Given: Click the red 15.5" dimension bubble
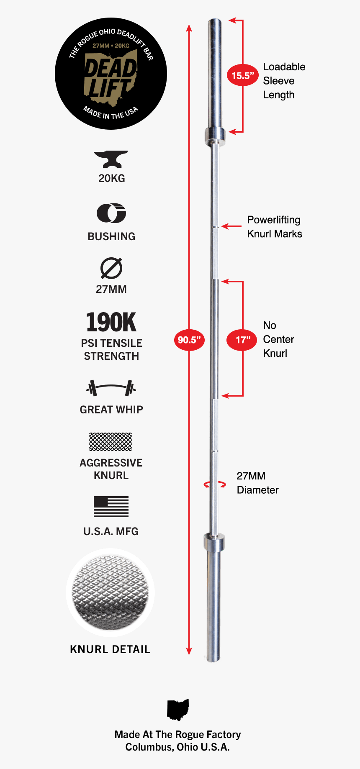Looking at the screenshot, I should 243,76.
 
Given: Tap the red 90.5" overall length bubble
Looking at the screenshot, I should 189,340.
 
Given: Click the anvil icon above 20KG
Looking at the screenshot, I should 111,159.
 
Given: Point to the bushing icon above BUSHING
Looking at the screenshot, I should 111,213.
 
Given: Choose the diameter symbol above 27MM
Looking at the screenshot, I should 111,268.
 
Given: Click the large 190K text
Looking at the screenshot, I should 111,322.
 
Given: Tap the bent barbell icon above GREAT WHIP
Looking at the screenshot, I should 111,388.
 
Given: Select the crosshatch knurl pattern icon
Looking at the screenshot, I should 111,442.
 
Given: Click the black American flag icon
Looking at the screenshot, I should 111,507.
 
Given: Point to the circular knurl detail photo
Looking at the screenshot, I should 111,592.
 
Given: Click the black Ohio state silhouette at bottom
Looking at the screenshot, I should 178,710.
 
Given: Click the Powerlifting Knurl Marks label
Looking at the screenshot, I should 274,227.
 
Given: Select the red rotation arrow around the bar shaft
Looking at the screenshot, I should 215,484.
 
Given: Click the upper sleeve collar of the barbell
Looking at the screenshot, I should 215,136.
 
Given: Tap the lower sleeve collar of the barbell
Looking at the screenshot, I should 214,542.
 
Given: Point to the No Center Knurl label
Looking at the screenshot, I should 278,339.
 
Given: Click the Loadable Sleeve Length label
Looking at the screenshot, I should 284,81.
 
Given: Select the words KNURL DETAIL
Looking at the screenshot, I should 110,649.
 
